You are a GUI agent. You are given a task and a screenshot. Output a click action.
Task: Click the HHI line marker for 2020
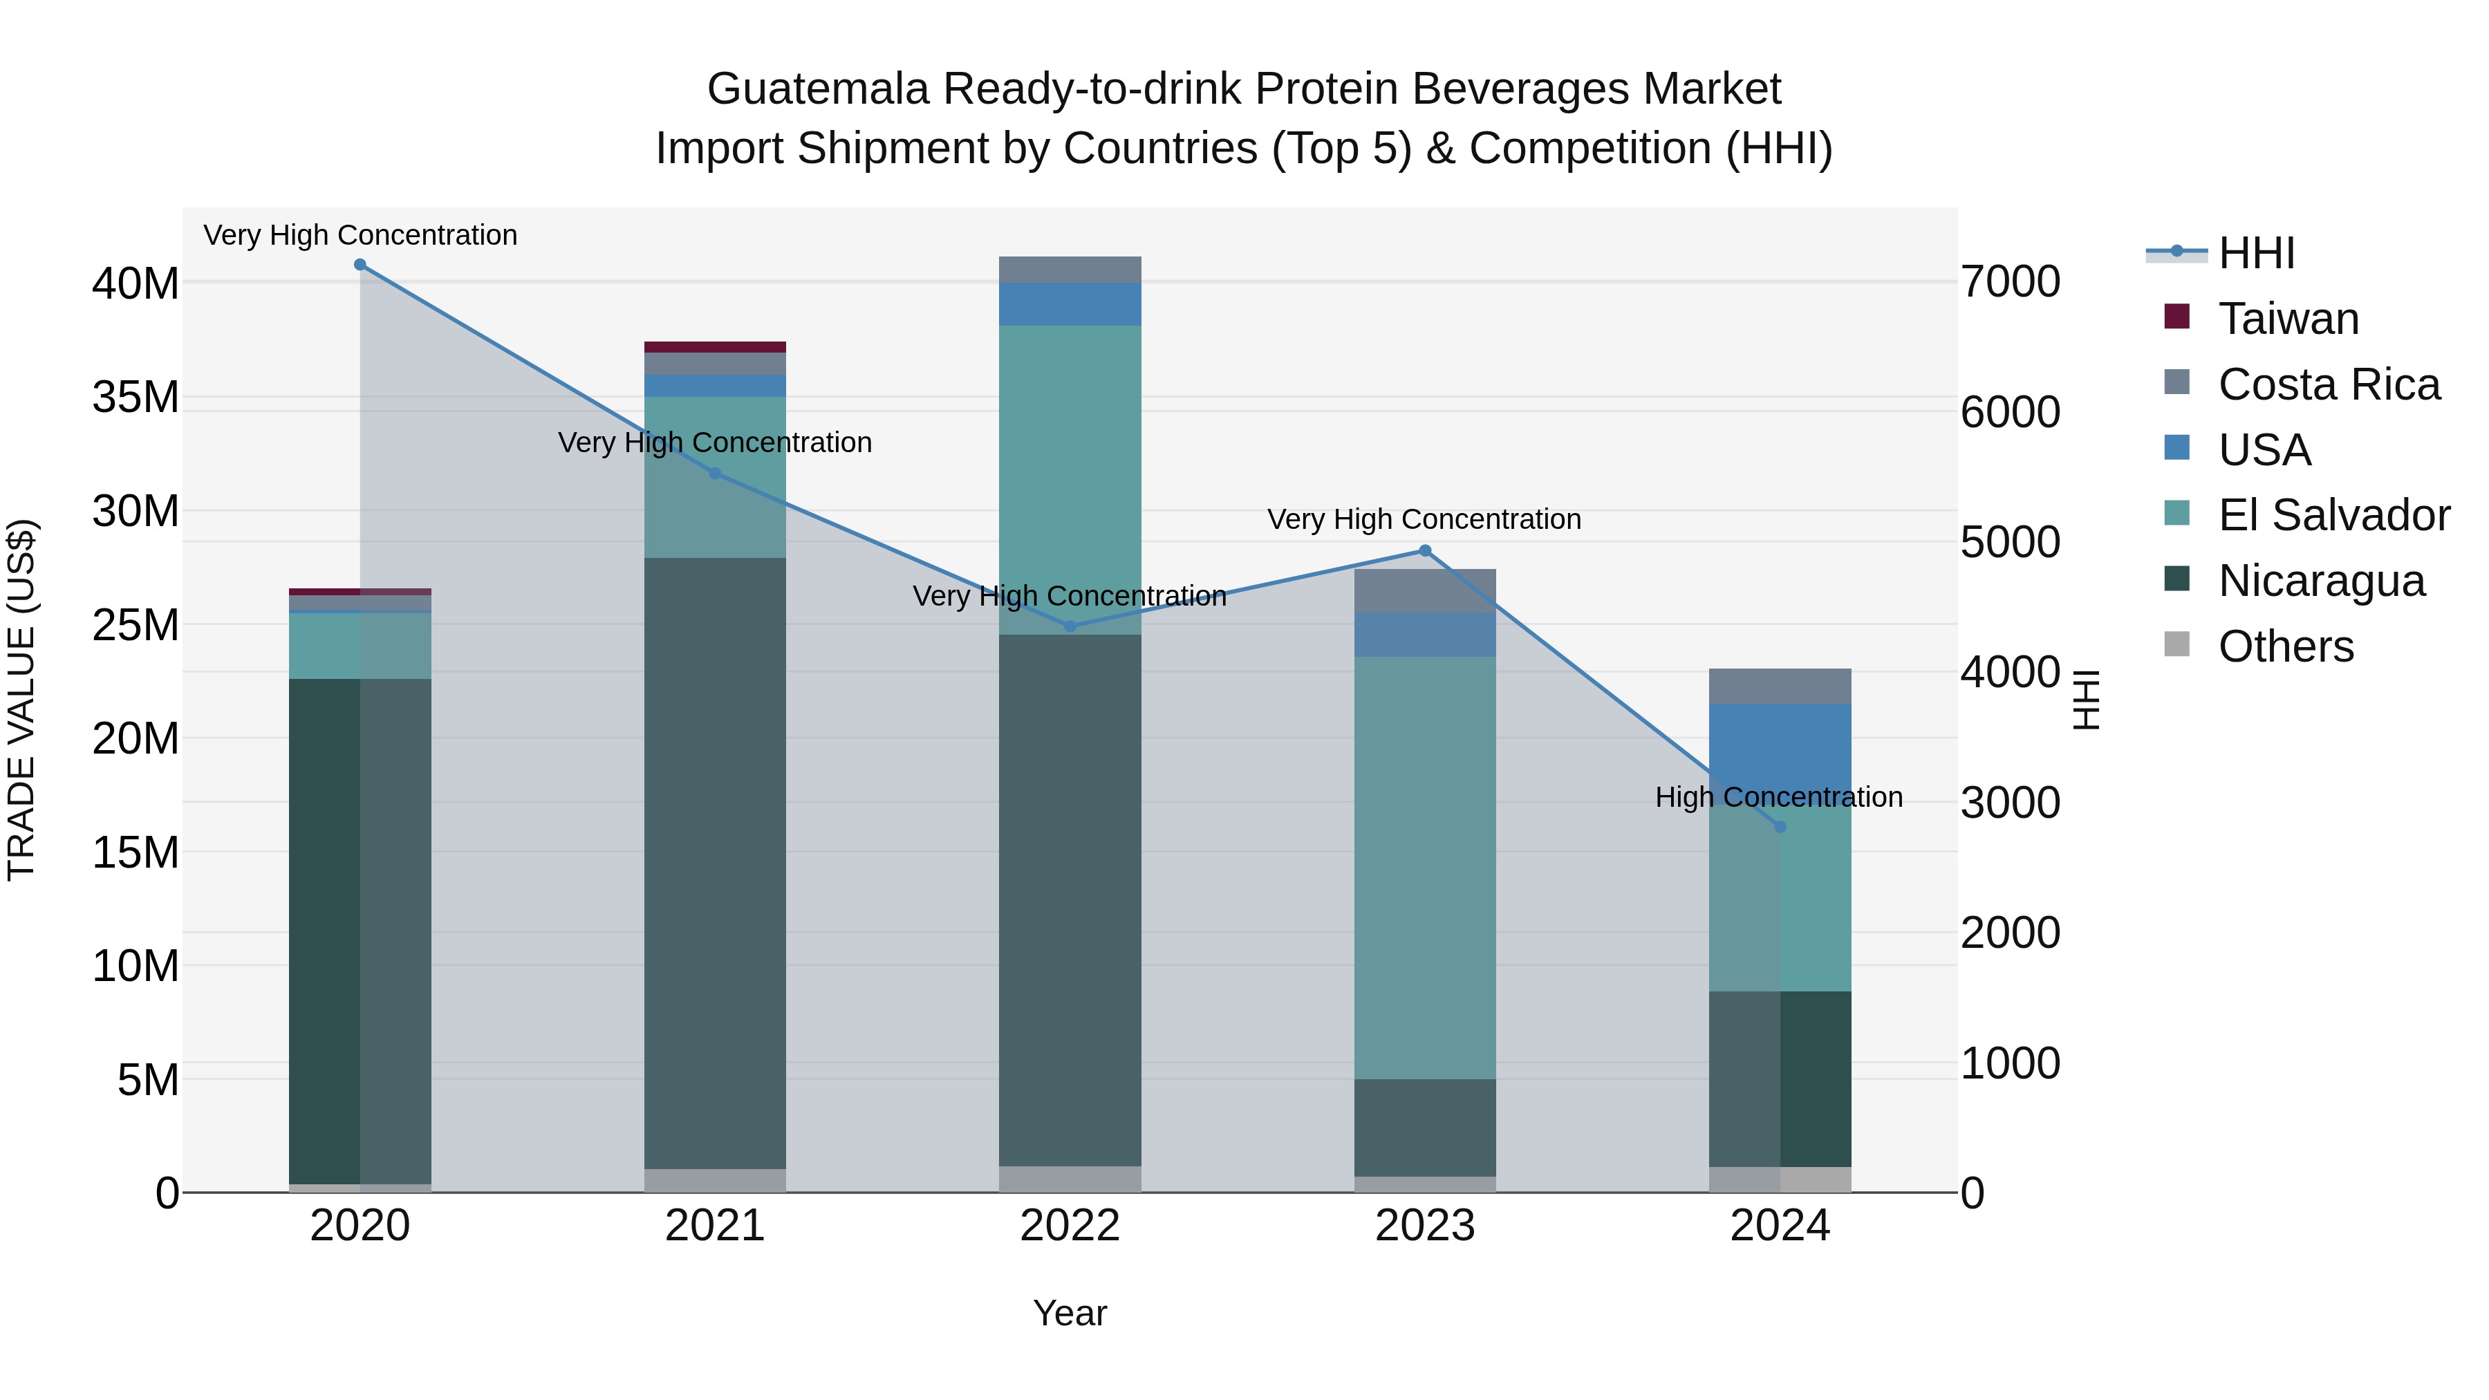tap(360, 265)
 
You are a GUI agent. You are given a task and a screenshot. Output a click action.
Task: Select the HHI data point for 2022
tap(1070, 627)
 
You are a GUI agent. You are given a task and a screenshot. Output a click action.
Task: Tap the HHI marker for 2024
tap(1780, 827)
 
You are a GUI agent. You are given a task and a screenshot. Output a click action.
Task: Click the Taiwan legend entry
tap(2287, 319)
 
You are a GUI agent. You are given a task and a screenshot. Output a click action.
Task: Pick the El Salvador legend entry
tap(2333, 515)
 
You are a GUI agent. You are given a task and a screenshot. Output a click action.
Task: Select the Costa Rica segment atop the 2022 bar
tap(1070, 270)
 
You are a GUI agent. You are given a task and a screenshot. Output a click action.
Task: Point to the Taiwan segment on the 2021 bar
tap(715, 347)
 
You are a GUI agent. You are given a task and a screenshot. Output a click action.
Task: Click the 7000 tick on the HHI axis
tap(2010, 282)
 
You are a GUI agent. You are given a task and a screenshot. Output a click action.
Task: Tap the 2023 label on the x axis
tap(1424, 1226)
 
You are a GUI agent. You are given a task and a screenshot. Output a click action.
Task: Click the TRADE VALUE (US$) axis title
tap(21, 700)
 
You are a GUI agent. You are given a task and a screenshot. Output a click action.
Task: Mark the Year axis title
tap(1070, 1313)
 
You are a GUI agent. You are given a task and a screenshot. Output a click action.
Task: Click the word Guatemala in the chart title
tap(817, 89)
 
